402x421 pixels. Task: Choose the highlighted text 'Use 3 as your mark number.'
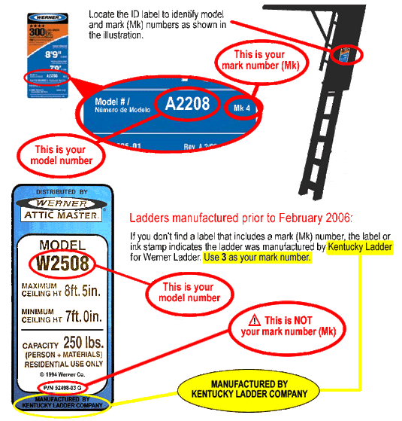pyautogui.click(x=256, y=258)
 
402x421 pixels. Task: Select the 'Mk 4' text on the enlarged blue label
pyautogui.click(x=240, y=106)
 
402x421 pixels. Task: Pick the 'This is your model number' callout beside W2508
pyautogui.click(x=184, y=292)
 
